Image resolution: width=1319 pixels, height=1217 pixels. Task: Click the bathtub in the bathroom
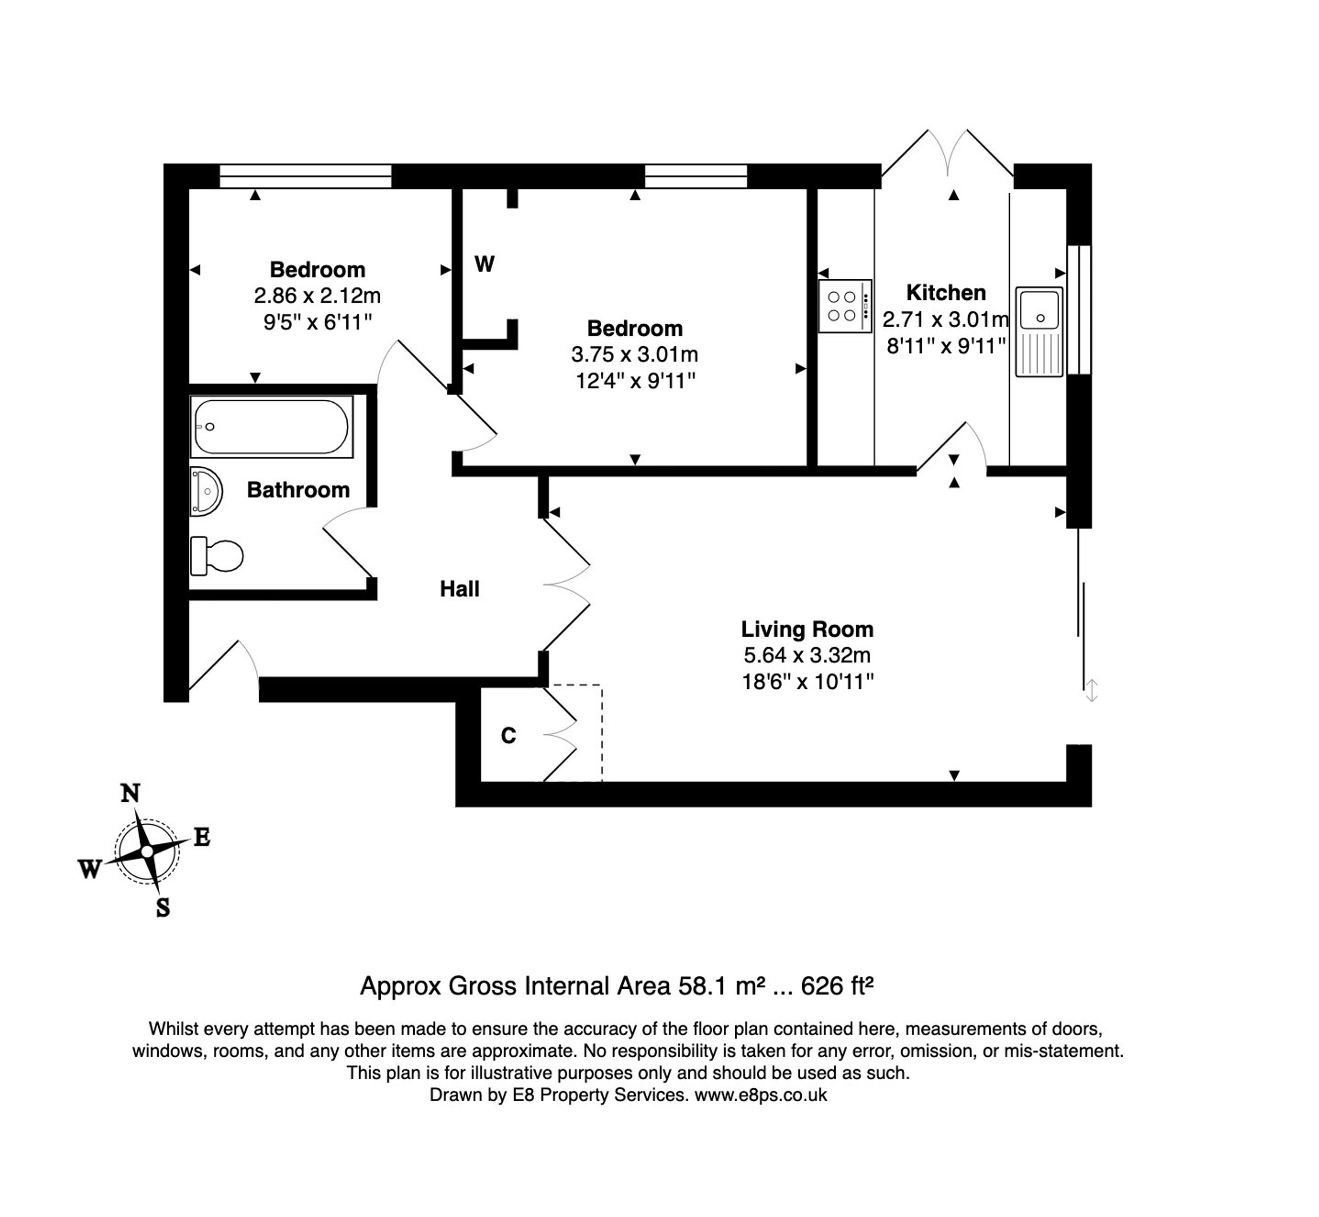pyautogui.click(x=272, y=426)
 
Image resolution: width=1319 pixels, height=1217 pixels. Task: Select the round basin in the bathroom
pyautogui.click(x=206, y=491)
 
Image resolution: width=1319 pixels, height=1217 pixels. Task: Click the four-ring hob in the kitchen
pyautogui.click(x=845, y=306)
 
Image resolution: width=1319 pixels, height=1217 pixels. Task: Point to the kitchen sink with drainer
pyautogui.click(x=1039, y=331)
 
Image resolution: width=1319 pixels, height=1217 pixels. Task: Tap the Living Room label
pyautogui.click(x=807, y=629)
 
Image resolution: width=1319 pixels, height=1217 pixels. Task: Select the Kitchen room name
pyautogui.click(x=945, y=292)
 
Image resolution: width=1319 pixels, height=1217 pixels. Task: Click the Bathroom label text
pyautogui.click(x=298, y=490)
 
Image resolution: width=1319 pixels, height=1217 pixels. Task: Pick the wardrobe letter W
pyautogui.click(x=485, y=264)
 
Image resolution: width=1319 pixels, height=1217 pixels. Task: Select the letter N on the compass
pyautogui.click(x=130, y=793)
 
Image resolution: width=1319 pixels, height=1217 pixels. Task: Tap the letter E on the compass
pyautogui.click(x=201, y=837)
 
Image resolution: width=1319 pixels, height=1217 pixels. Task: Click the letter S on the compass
pyautogui.click(x=163, y=908)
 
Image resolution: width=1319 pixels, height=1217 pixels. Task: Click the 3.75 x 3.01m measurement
pyautogui.click(x=634, y=354)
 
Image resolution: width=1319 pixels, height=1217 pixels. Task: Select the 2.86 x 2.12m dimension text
pyautogui.click(x=317, y=296)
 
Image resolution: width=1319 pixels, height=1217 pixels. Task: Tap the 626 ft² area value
pyautogui.click(x=837, y=986)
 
